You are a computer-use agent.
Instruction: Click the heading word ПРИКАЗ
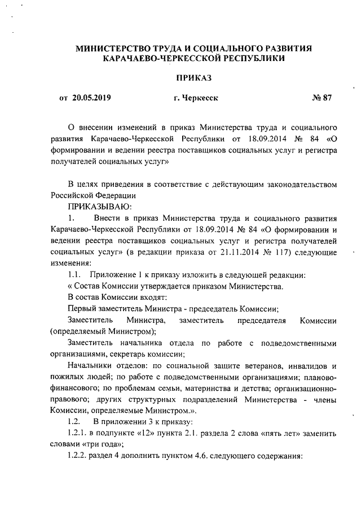[x=195, y=76]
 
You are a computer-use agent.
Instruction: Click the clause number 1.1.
[x=75, y=276]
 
